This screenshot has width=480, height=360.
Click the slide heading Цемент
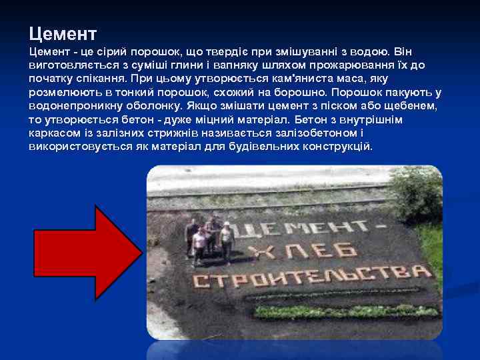[63, 33]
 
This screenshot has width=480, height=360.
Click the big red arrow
[87, 252]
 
